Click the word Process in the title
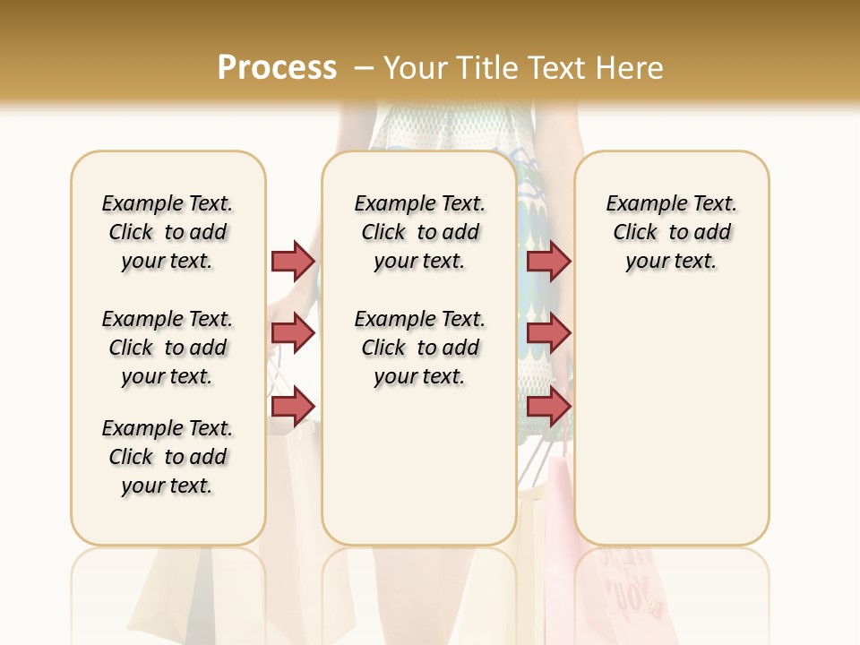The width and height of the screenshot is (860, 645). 277,67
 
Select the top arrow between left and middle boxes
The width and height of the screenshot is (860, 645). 293,261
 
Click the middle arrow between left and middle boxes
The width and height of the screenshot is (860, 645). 293,333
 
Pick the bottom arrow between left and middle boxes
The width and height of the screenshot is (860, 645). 293,406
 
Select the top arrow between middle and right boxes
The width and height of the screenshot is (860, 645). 548,261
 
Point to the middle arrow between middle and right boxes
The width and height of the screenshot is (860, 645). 548,333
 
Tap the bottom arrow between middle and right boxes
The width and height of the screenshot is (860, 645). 548,406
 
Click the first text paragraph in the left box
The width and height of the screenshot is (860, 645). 168,232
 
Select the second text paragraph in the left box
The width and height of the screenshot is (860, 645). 168,348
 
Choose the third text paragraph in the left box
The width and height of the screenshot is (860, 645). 168,457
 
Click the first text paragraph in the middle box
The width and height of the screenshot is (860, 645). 419,232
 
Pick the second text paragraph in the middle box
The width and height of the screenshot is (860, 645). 419,348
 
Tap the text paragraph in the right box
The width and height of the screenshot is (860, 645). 671,232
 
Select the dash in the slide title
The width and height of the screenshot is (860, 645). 364,67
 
